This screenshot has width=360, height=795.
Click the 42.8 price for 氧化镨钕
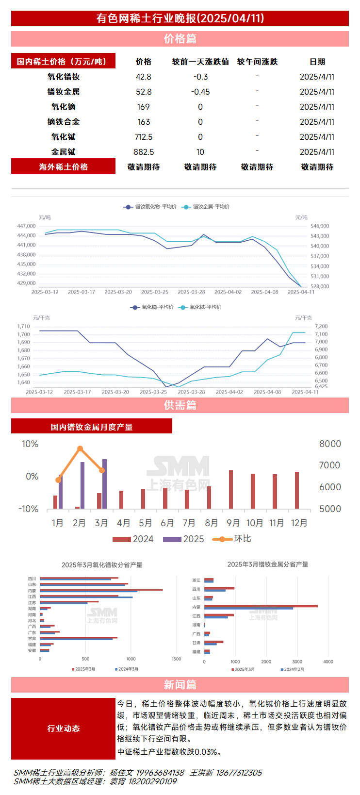point(144,77)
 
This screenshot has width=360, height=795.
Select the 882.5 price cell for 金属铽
point(144,152)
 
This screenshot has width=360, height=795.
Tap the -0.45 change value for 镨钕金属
point(200,92)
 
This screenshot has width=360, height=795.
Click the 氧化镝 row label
point(63,107)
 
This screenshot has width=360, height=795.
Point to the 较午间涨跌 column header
point(257,62)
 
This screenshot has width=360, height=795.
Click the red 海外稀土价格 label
point(63,166)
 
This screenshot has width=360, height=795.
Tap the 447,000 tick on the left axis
point(26,226)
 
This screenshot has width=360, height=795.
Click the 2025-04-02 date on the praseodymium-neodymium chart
point(228,292)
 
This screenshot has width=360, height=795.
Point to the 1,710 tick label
point(23,327)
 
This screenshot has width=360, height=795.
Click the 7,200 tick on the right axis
point(321,327)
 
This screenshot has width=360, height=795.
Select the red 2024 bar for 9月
point(231,489)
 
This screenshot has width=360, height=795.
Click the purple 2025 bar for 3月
point(104,483)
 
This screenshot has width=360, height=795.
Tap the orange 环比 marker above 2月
point(80,448)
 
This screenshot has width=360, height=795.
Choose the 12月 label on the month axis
point(299,523)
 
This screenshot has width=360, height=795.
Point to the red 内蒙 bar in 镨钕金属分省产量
point(261,606)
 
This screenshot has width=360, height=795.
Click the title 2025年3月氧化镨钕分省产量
point(102,565)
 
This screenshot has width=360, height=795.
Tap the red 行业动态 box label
point(63,728)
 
